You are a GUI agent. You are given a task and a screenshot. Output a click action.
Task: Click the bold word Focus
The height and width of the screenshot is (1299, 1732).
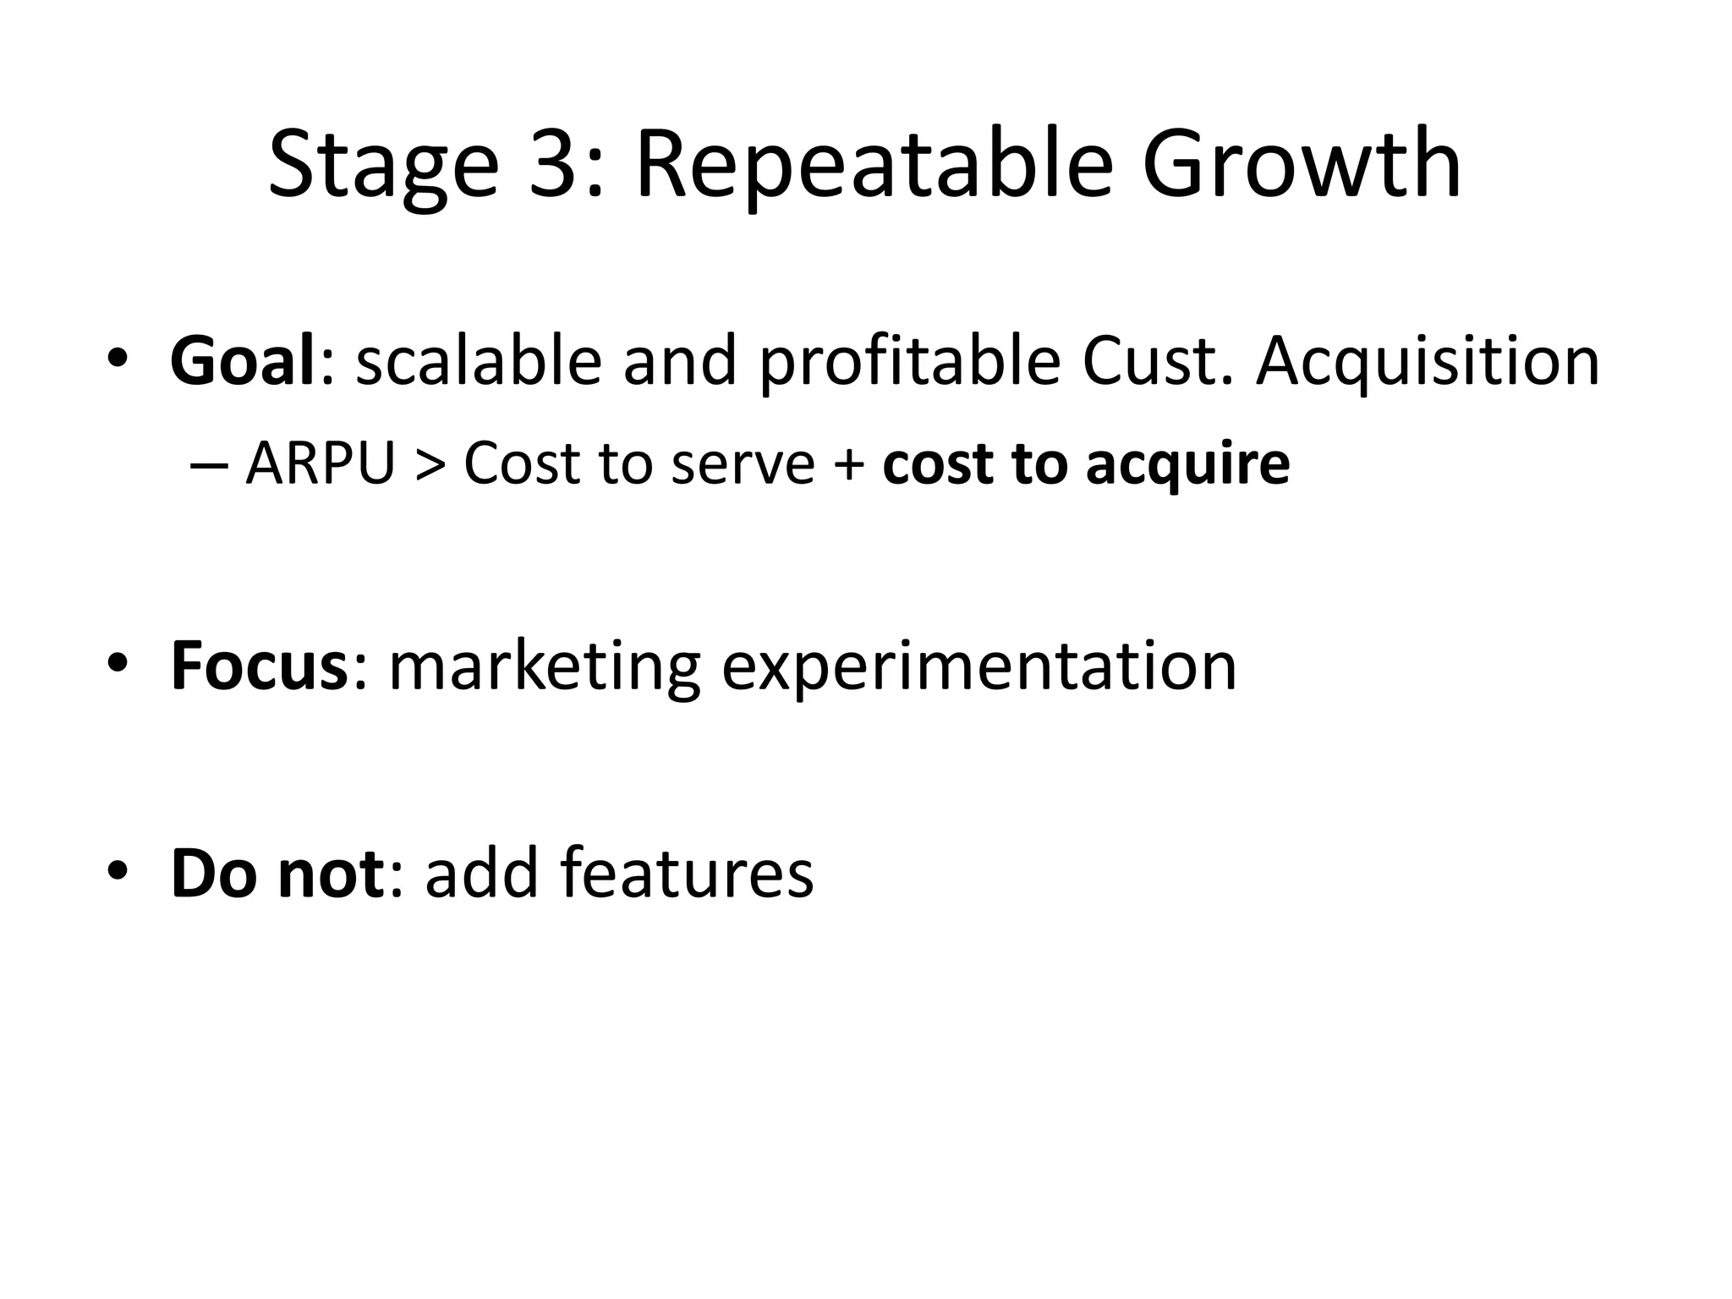point(259,666)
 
